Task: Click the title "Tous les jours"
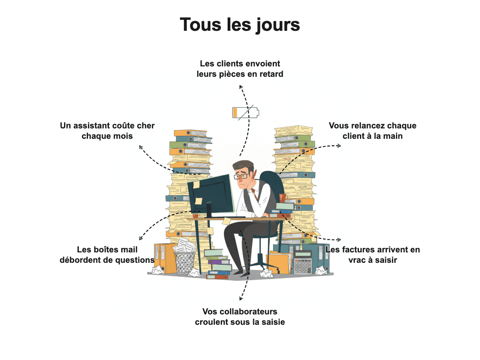240,25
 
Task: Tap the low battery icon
246,112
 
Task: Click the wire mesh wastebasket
184,263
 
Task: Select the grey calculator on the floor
303,262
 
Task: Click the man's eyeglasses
242,176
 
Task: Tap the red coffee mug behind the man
282,198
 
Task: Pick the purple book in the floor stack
219,262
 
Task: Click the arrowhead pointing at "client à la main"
339,146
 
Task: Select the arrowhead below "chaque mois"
141,148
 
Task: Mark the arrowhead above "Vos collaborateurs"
241,298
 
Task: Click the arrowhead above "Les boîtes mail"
141,238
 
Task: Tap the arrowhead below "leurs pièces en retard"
241,87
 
